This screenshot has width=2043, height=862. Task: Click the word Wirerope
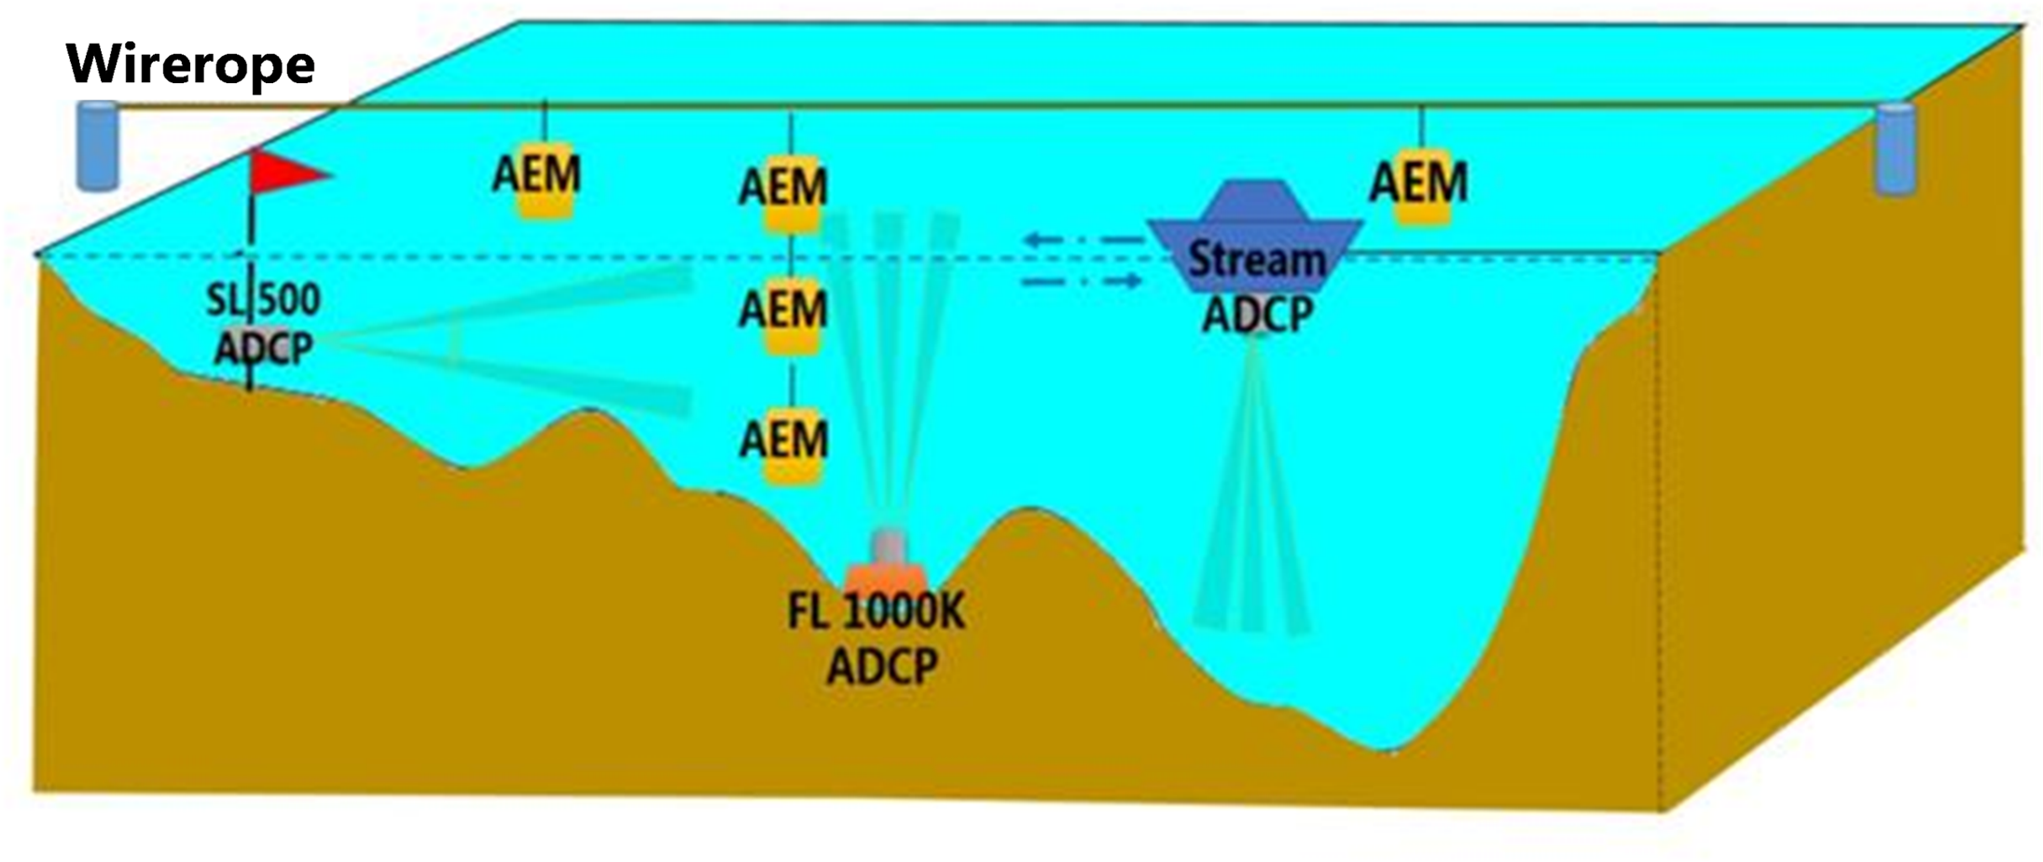(190, 64)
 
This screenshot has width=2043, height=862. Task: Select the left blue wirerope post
(97, 146)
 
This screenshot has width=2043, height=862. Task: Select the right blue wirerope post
(1895, 149)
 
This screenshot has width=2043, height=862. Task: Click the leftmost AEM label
(537, 175)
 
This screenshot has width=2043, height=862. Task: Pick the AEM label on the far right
(1418, 183)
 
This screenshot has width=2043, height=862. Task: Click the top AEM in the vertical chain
(783, 188)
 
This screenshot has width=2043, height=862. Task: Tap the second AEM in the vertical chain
(783, 310)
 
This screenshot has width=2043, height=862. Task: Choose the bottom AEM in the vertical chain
(783, 439)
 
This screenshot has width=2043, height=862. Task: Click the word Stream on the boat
(1256, 258)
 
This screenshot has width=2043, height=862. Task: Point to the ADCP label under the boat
(1257, 314)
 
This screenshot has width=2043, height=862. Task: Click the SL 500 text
(263, 300)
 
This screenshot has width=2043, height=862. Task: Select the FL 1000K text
(876, 612)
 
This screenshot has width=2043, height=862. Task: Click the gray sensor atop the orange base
(888, 545)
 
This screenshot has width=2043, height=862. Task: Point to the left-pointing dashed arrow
(1082, 241)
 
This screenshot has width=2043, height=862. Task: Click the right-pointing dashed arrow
(1082, 280)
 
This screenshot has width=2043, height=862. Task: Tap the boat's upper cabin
(1255, 201)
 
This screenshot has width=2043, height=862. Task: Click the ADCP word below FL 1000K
(882, 666)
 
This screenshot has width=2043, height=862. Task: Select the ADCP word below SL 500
(264, 348)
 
